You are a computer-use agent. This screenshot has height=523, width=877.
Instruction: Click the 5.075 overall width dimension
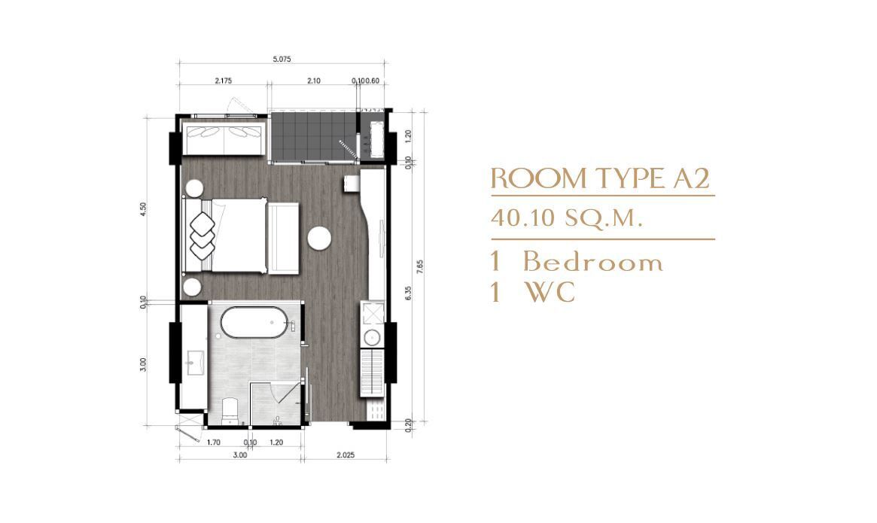tap(282, 59)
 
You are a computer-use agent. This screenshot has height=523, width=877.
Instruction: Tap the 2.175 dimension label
tap(223, 81)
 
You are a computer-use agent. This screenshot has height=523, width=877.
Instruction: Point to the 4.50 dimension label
tap(144, 208)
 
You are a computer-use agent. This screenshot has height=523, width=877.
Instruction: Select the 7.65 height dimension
tap(420, 266)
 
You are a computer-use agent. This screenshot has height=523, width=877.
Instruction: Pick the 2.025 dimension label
tap(345, 455)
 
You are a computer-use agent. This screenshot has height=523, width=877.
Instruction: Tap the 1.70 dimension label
tap(213, 442)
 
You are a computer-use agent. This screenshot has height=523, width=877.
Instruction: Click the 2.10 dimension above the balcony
tap(314, 81)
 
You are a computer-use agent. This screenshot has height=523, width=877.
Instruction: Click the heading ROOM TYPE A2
tap(600, 178)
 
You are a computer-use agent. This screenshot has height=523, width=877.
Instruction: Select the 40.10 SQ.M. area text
tap(565, 217)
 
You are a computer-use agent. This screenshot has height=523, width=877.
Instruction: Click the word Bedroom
tap(593, 262)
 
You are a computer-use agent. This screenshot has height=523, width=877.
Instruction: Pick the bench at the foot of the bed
tap(283, 238)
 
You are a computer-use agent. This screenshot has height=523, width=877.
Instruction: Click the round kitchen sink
tap(372, 338)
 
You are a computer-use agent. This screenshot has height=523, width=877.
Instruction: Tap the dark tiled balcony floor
tap(313, 135)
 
